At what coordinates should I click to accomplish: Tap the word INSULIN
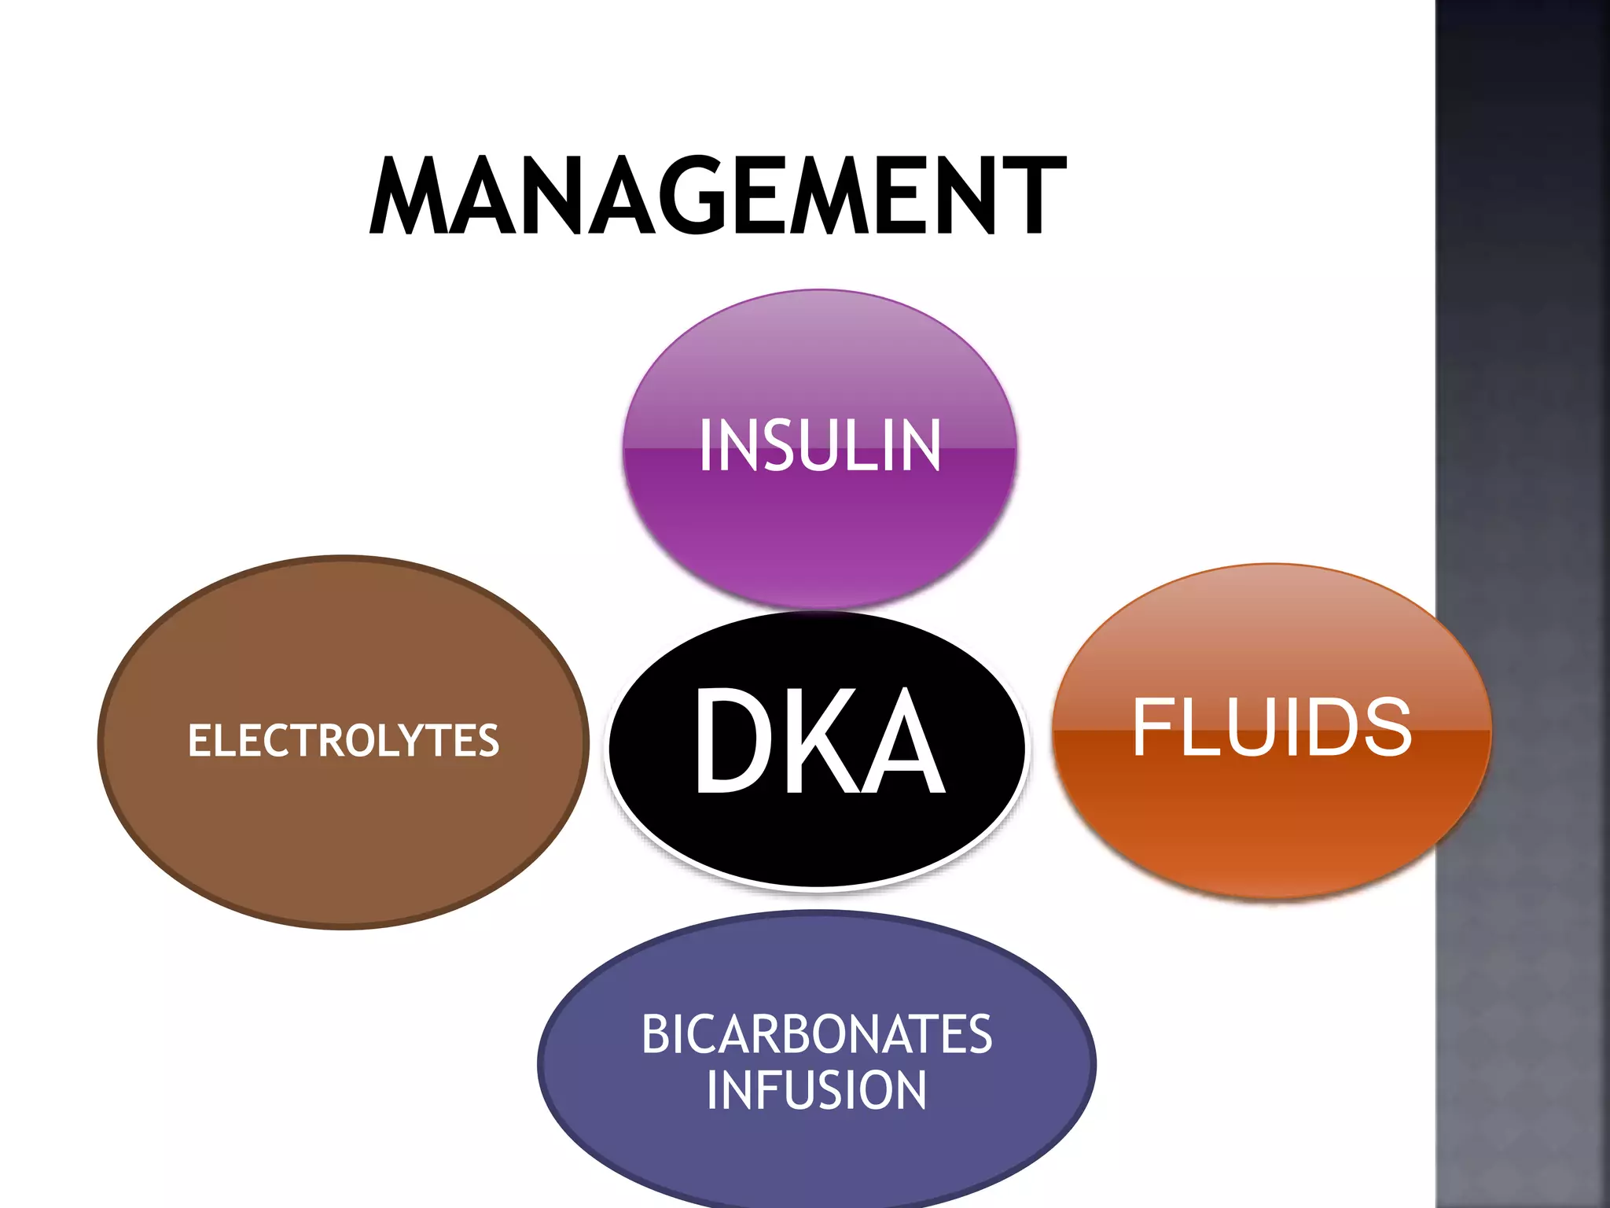point(819,446)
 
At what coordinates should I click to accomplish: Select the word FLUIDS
point(1271,727)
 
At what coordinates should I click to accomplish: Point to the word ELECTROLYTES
point(344,741)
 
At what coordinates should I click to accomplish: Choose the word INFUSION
point(817,1090)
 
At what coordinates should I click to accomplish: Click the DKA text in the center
point(818,741)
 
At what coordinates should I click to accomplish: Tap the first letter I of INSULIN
point(706,446)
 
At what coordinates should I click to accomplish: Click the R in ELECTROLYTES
point(316,741)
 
